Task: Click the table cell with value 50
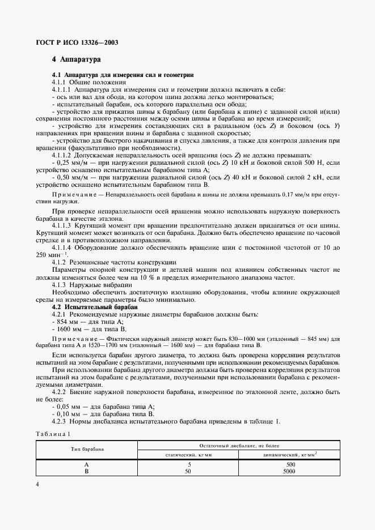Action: pos(189,471)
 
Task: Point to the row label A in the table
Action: pos(87,464)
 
